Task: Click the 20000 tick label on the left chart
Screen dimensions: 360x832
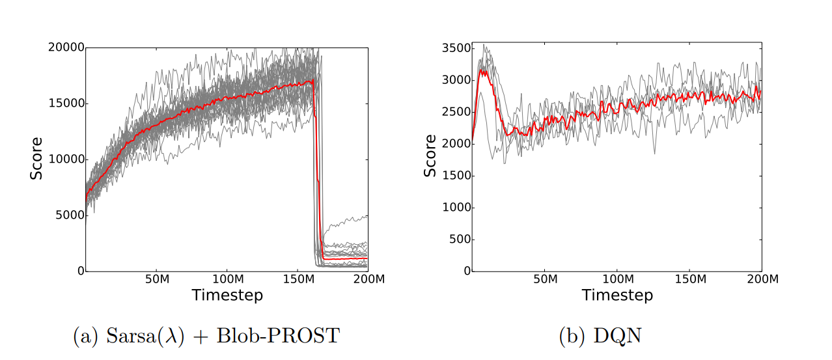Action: [x=66, y=47]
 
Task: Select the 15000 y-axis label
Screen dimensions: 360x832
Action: [x=66, y=103]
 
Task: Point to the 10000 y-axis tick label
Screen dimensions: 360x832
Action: [x=66, y=159]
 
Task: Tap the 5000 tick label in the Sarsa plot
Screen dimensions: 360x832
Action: [x=68, y=215]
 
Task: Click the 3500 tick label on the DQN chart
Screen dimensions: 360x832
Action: [x=454, y=48]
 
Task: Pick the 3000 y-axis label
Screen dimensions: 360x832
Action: [x=454, y=80]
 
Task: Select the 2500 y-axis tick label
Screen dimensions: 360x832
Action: [x=454, y=112]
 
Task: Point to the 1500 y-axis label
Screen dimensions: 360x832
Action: [x=454, y=176]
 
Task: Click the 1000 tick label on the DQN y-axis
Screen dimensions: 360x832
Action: [x=454, y=208]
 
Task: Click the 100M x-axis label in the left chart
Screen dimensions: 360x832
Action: [x=227, y=279]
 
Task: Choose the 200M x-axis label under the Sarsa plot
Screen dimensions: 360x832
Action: [x=368, y=279]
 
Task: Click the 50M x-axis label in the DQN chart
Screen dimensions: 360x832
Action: [x=546, y=279]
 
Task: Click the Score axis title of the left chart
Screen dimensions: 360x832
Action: [x=36, y=159]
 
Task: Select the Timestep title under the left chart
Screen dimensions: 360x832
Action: [x=227, y=295]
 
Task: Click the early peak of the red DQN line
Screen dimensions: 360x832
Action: [x=482, y=71]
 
